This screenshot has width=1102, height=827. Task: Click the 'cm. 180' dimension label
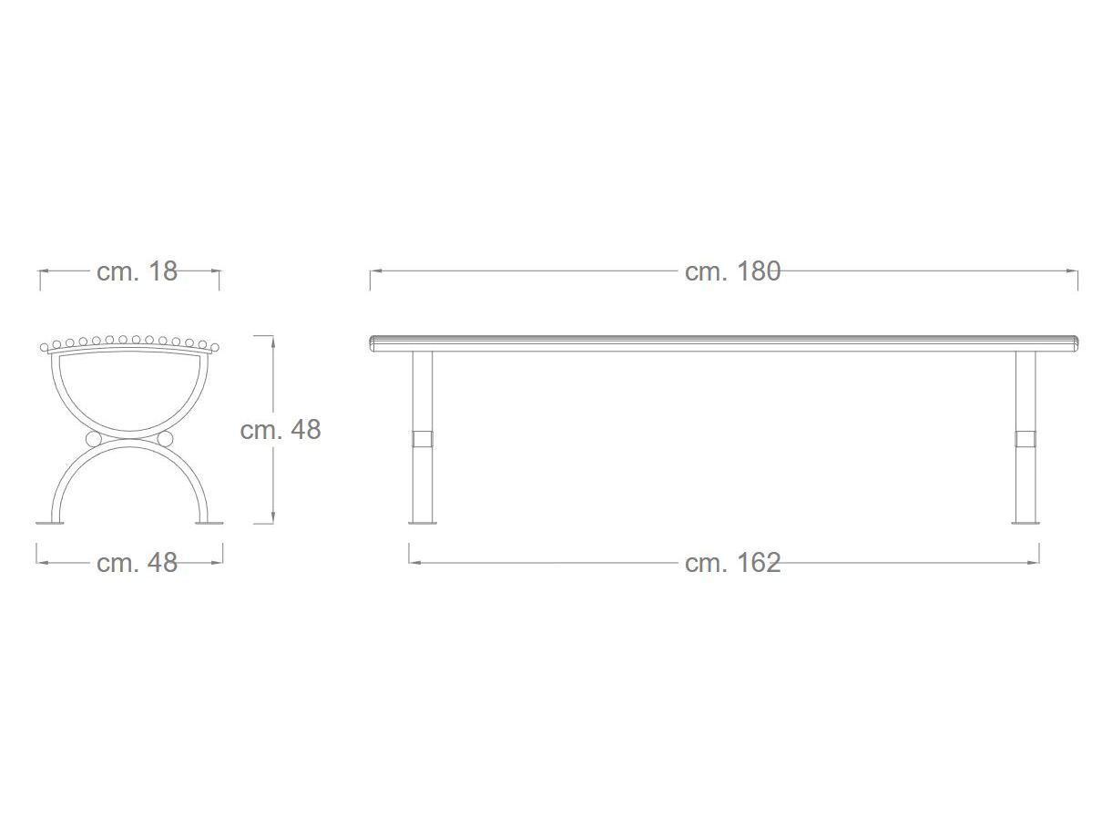coord(732,271)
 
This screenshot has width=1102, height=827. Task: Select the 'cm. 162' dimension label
coord(732,562)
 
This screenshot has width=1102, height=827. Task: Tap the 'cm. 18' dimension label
coord(137,271)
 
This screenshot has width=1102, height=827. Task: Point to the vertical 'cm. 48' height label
coord(281,429)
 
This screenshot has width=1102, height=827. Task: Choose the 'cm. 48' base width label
coord(137,562)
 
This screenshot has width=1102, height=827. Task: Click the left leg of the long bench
coord(423,436)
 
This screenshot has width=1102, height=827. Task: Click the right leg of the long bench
coord(1025,436)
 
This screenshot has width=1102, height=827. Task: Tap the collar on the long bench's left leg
coord(423,438)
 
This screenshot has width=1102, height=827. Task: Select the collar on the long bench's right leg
coord(1025,438)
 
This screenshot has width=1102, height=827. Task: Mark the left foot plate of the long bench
coord(423,523)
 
